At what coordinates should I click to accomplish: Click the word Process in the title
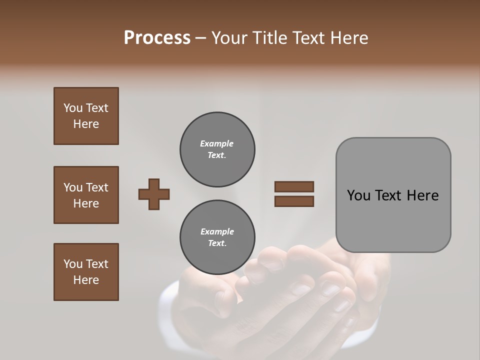157,37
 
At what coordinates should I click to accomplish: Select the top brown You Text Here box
86,116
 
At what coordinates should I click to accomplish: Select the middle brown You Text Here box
86,195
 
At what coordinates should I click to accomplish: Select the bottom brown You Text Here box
86,271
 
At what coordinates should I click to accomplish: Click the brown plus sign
154,194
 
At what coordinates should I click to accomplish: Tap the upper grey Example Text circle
217,149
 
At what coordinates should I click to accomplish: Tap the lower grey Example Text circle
217,237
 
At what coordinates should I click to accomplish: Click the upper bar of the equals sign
294,187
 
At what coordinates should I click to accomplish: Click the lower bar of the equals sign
294,201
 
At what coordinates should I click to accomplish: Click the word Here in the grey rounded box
422,195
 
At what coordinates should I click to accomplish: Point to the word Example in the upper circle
217,143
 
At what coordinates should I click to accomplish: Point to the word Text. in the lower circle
217,243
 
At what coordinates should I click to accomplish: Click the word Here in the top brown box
86,124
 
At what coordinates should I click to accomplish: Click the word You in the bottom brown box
73,264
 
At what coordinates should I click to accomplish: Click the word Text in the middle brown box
97,187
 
